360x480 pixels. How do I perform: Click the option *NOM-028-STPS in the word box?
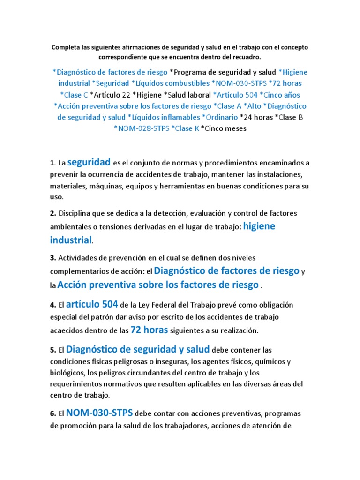(141, 128)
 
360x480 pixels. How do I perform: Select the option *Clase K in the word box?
(185, 128)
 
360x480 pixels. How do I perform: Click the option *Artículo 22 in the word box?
(110, 95)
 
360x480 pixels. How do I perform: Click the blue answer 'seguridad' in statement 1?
(89, 162)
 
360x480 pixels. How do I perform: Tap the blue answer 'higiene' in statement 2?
(259, 225)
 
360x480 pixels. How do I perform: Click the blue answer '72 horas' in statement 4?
(149, 330)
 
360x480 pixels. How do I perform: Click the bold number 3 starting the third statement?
(52, 258)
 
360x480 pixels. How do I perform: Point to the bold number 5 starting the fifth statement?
(52, 350)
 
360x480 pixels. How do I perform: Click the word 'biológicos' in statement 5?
(68, 373)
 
